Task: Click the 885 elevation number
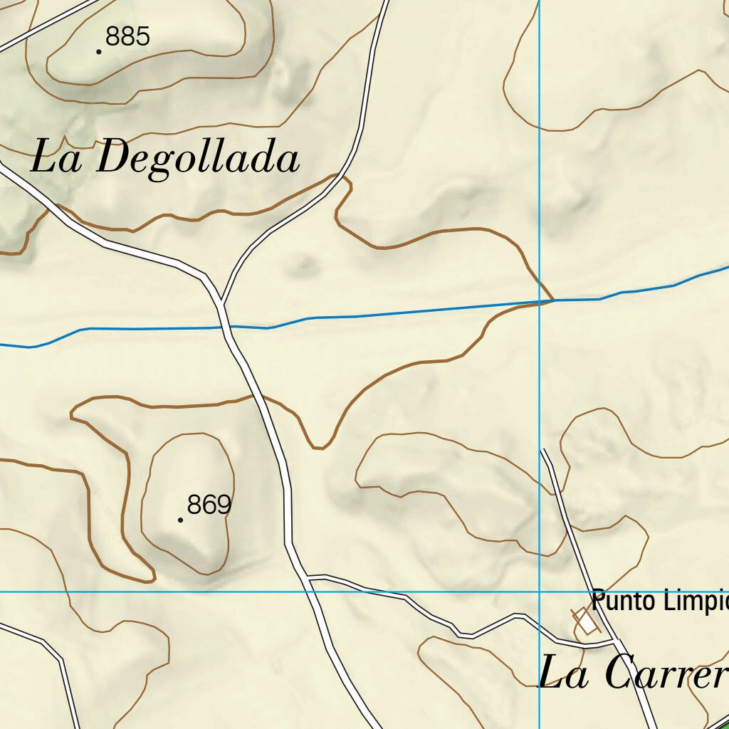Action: [x=127, y=36]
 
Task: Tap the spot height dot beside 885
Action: [x=98, y=51]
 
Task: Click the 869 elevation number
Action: [x=209, y=505]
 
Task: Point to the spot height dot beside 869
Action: [x=180, y=520]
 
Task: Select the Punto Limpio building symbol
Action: [x=585, y=622]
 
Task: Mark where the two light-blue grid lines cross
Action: [x=540, y=592]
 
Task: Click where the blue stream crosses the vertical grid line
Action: [x=540, y=301]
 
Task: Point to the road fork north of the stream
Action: [x=222, y=301]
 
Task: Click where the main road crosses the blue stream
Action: [x=225, y=327]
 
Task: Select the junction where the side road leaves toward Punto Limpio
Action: [x=307, y=577]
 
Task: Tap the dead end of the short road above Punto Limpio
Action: [x=544, y=450]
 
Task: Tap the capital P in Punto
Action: [x=597, y=600]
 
